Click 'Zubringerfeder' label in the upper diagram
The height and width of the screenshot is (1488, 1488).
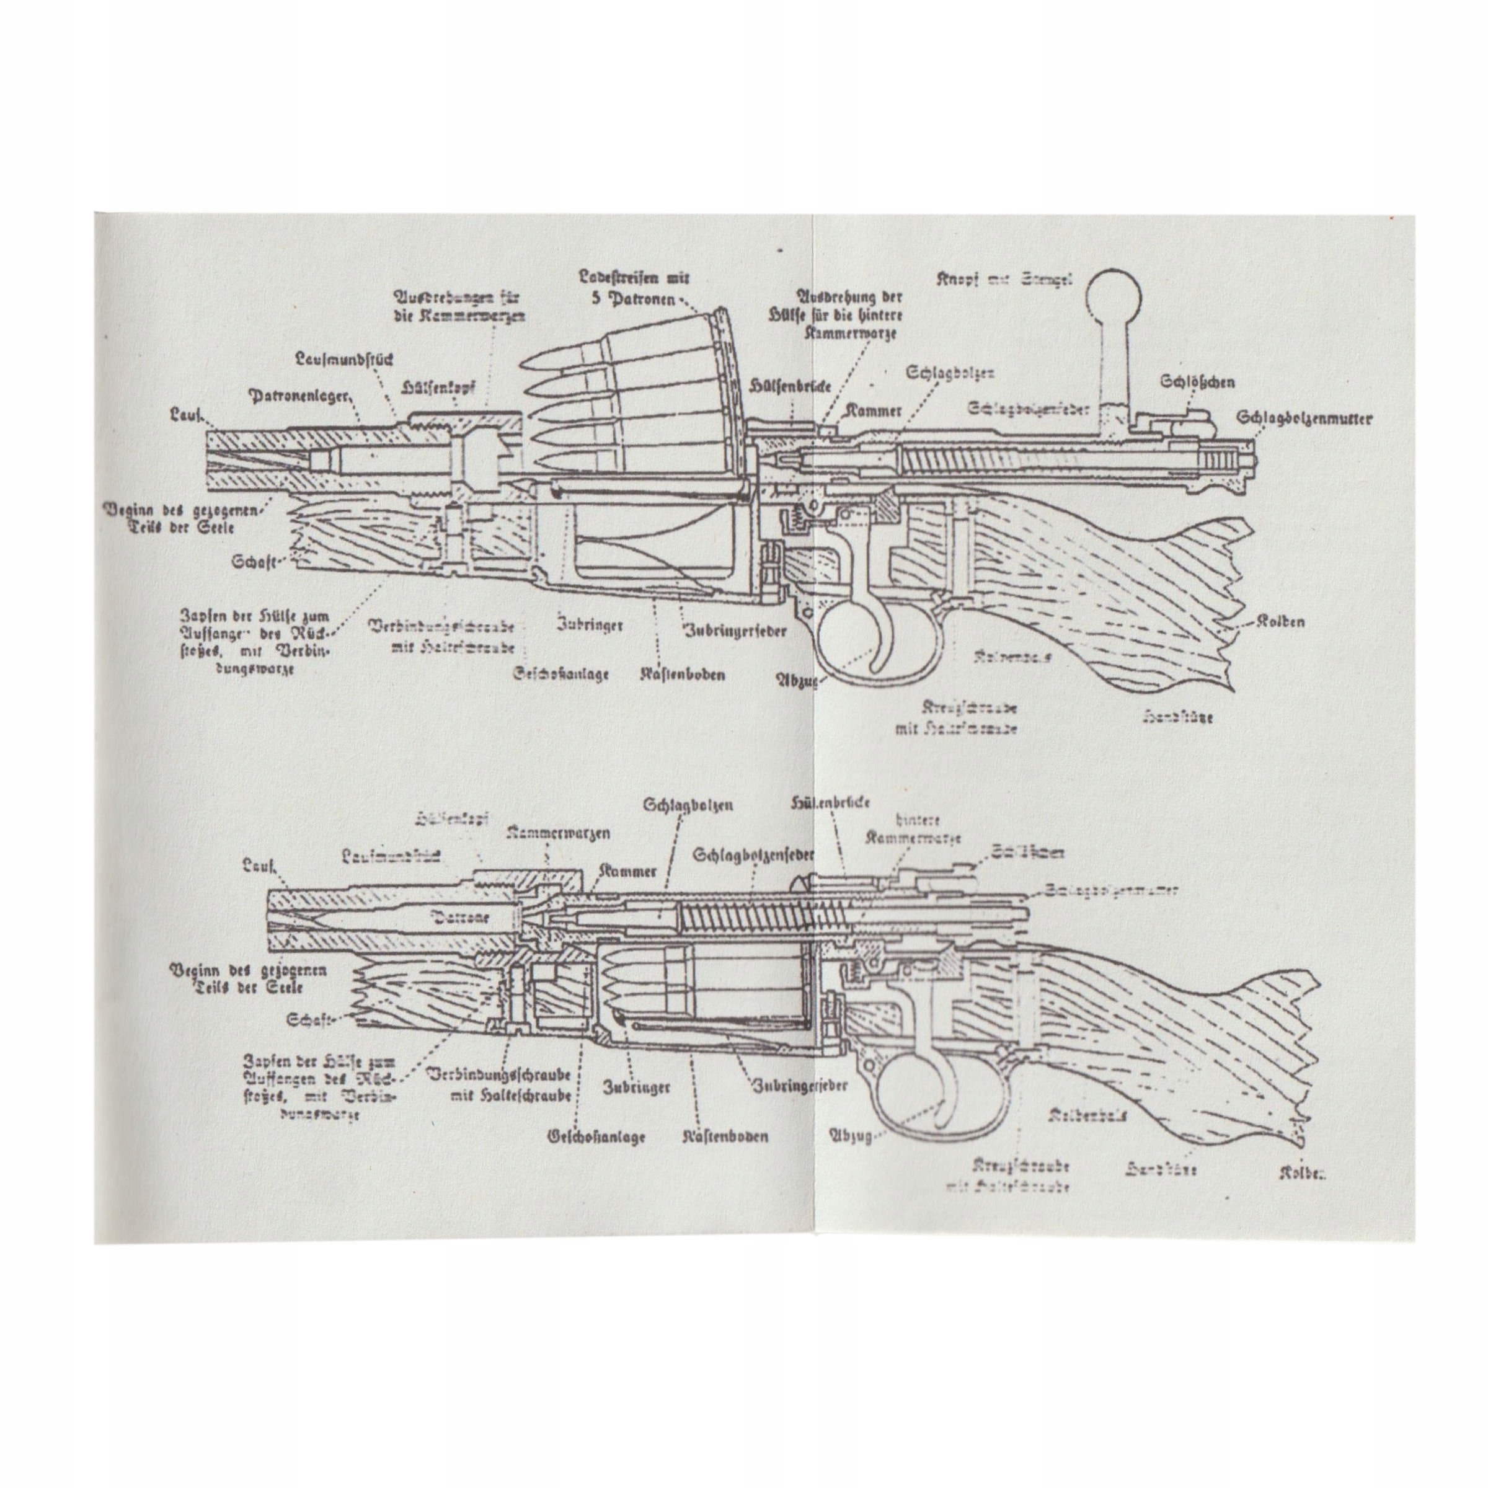735,630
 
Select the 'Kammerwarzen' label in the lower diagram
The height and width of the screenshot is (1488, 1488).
559,833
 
